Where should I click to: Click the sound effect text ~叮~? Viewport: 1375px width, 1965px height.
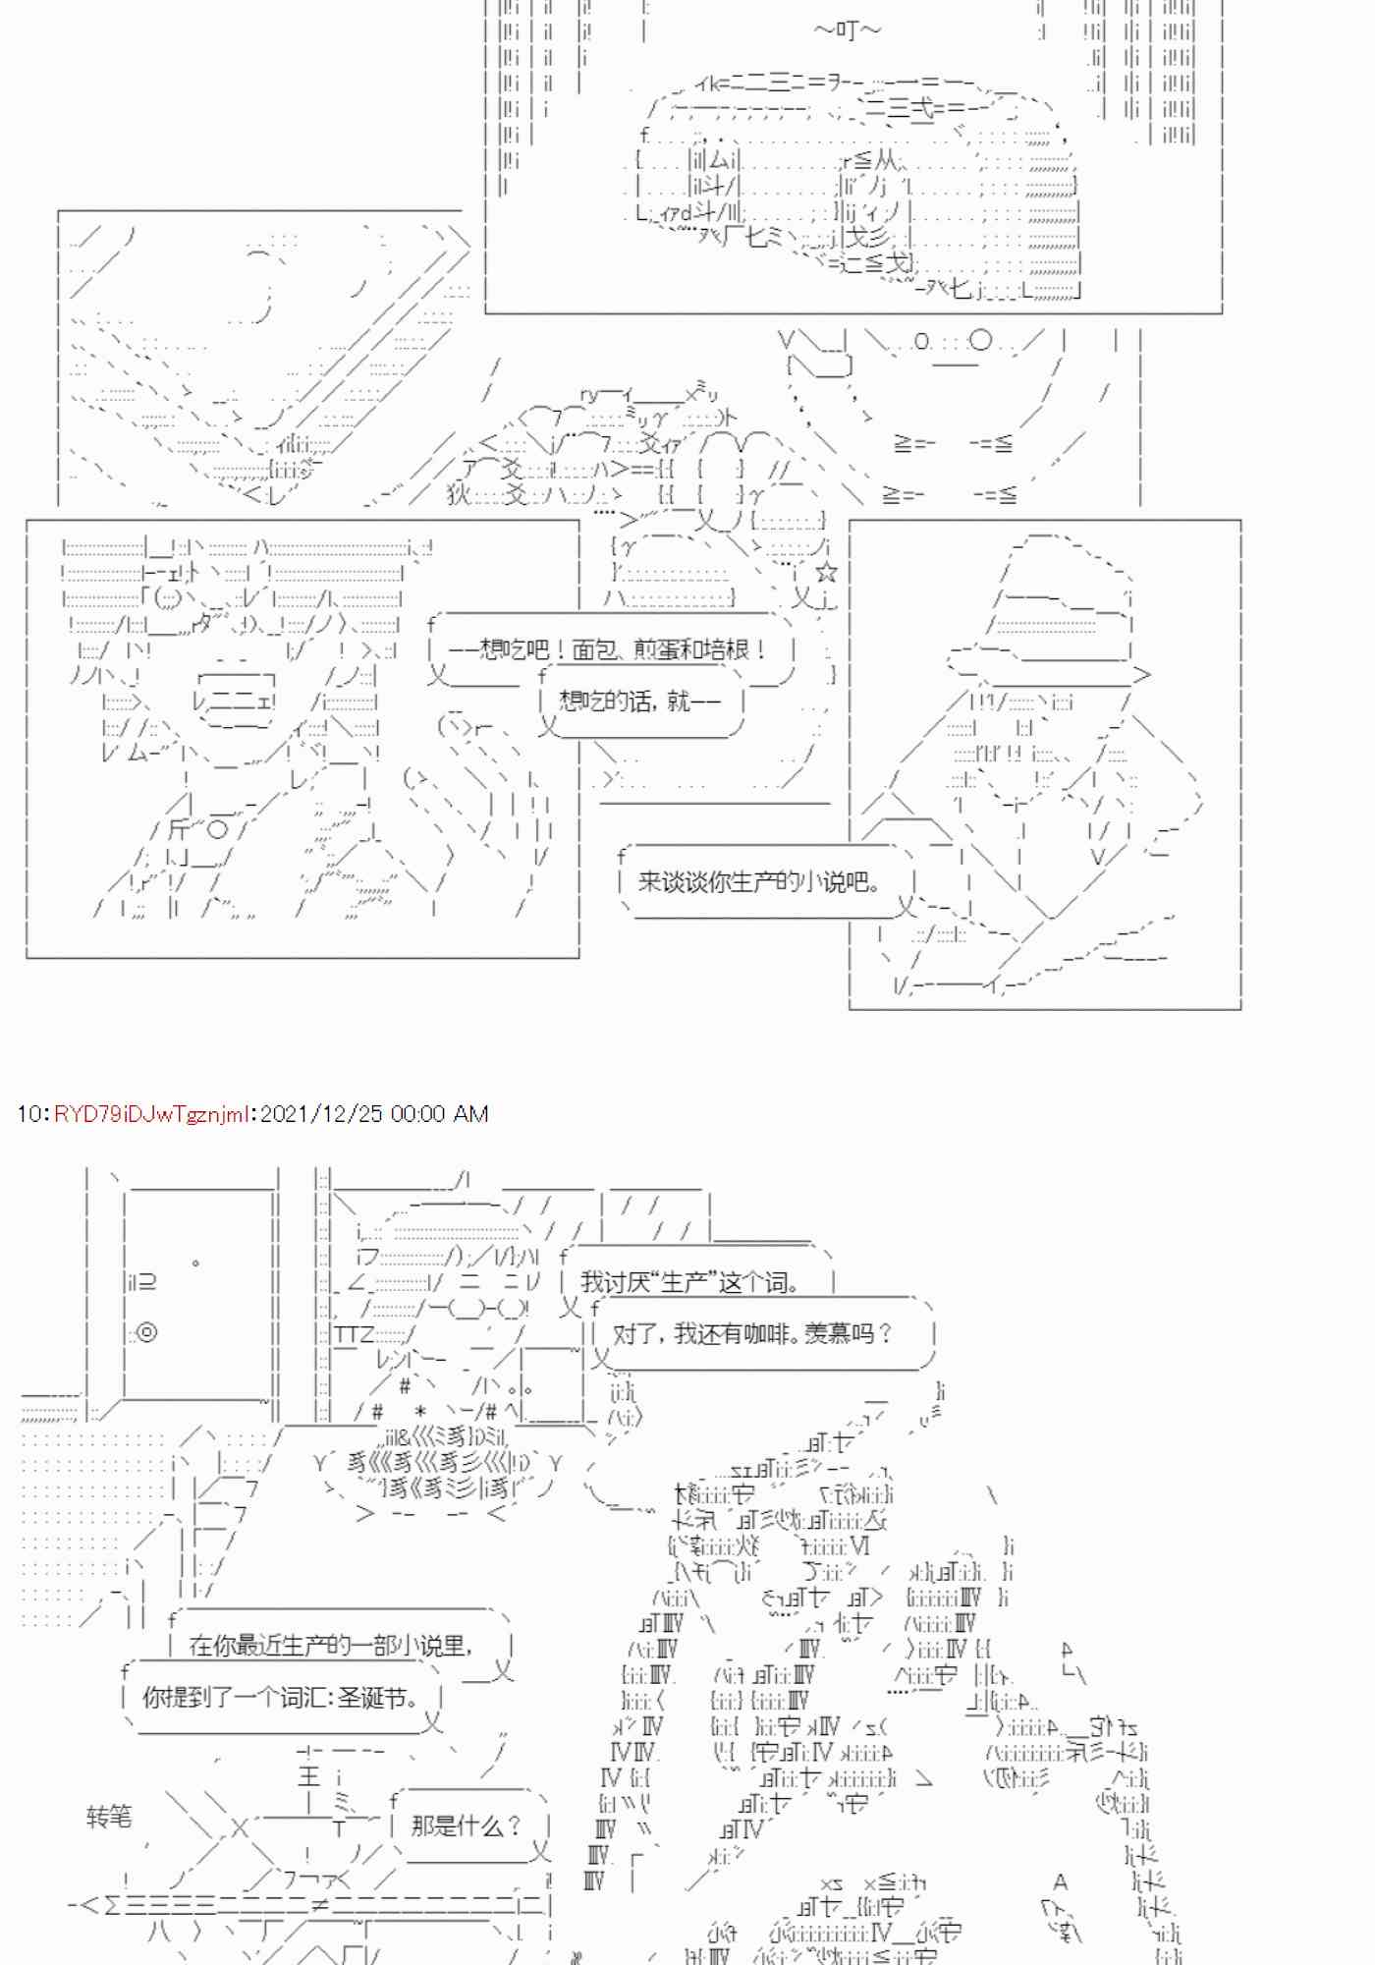click(847, 30)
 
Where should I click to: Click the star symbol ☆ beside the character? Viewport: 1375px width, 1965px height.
click(826, 573)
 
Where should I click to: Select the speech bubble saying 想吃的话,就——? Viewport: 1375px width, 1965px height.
click(639, 701)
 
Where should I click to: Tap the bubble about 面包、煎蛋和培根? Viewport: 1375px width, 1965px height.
click(607, 649)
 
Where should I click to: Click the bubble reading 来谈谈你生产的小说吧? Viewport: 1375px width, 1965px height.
click(758, 882)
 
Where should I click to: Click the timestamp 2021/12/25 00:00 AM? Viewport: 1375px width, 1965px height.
click(373, 1113)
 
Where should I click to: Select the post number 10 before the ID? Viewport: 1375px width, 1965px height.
click(27, 1113)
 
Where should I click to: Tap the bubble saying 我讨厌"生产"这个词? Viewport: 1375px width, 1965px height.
click(689, 1282)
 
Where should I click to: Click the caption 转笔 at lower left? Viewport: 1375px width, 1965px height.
click(108, 1817)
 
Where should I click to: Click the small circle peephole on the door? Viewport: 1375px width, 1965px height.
click(196, 1263)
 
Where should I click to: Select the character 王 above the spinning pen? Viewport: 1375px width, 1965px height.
click(308, 1775)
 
